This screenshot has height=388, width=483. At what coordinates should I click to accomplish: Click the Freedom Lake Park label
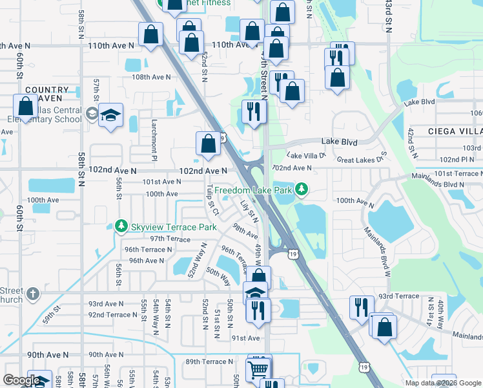click(254, 190)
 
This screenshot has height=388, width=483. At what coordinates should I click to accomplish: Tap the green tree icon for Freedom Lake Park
click(301, 189)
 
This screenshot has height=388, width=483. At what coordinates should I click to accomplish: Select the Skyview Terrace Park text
click(173, 227)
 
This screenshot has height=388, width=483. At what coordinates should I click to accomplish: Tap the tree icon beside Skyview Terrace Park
click(120, 226)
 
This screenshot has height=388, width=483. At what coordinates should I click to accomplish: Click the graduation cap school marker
click(111, 116)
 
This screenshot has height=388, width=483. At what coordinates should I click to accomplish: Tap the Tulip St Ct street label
click(212, 200)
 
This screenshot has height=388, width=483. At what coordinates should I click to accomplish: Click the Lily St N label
click(249, 211)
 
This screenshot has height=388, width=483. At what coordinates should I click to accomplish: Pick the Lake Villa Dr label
click(306, 156)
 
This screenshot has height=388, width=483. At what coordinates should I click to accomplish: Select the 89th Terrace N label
click(209, 361)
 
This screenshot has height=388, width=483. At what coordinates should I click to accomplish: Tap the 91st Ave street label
click(245, 338)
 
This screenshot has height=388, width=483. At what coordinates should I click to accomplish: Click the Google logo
click(22, 380)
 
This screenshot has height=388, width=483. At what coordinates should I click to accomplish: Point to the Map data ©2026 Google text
click(443, 383)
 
